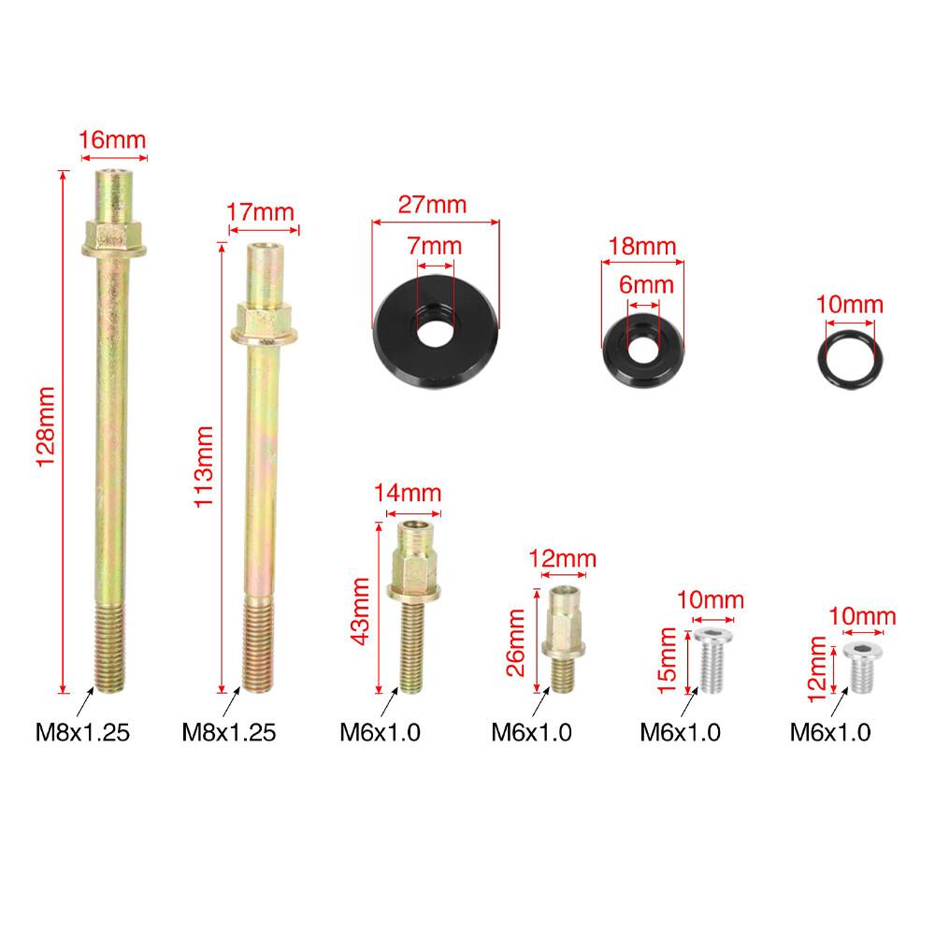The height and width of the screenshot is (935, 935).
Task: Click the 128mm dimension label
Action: click(x=46, y=426)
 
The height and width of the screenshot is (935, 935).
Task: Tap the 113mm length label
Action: click(x=204, y=467)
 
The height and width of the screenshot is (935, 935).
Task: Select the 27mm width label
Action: click(x=432, y=205)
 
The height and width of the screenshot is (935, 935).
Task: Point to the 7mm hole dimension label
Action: click(x=435, y=246)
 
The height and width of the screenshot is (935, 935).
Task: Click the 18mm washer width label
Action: click(x=642, y=246)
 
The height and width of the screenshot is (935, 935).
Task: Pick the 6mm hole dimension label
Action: click(x=646, y=284)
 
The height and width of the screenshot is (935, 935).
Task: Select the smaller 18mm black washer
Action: click(x=643, y=350)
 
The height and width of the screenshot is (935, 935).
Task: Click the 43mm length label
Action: click(x=360, y=611)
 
